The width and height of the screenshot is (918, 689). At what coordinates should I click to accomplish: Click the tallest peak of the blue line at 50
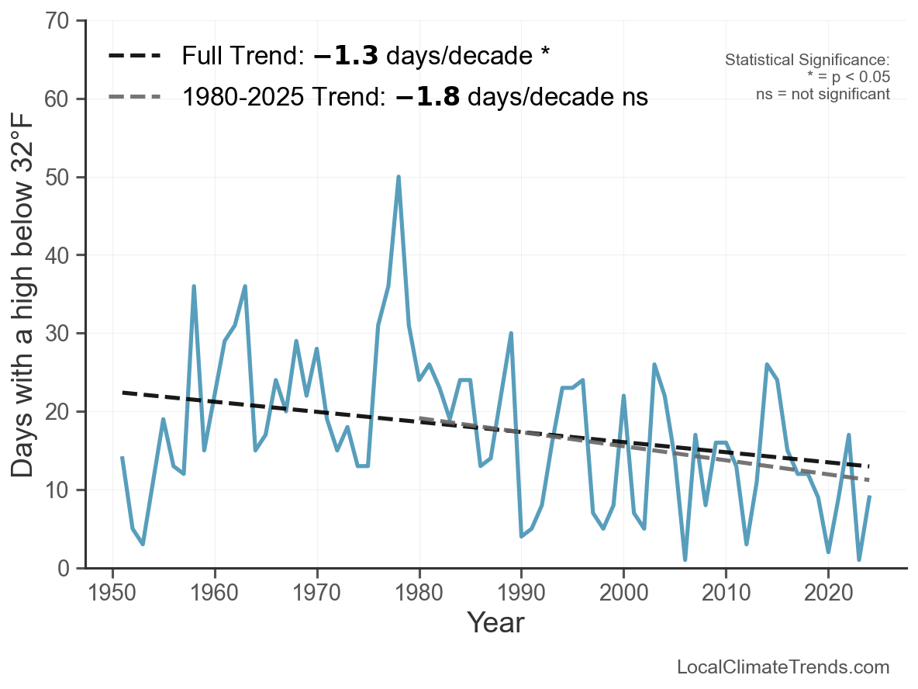tap(399, 177)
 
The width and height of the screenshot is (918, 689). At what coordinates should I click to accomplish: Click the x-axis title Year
tap(495, 622)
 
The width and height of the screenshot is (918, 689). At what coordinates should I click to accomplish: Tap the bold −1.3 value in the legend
tap(346, 56)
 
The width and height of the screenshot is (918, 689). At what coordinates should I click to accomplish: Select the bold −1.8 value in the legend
tap(427, 97)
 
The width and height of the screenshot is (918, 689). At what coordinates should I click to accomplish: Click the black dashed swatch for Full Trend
tap(135, 56)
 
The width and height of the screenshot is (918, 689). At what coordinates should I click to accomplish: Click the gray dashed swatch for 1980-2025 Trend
tap(135, 97)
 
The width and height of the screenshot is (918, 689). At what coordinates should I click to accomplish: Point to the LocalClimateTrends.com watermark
tap(783, 667)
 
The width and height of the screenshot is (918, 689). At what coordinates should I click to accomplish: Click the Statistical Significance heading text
tap(806, 61)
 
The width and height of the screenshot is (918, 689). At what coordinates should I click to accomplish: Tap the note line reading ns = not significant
tap(823, 93)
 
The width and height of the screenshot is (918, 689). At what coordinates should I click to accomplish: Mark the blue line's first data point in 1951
tap(123, 459)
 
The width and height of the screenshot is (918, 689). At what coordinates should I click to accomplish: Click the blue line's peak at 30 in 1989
tap(511, 334)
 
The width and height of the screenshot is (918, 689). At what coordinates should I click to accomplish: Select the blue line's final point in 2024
tap(870, 497)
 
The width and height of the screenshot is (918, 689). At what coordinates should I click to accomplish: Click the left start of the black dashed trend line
tap(123, 393)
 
